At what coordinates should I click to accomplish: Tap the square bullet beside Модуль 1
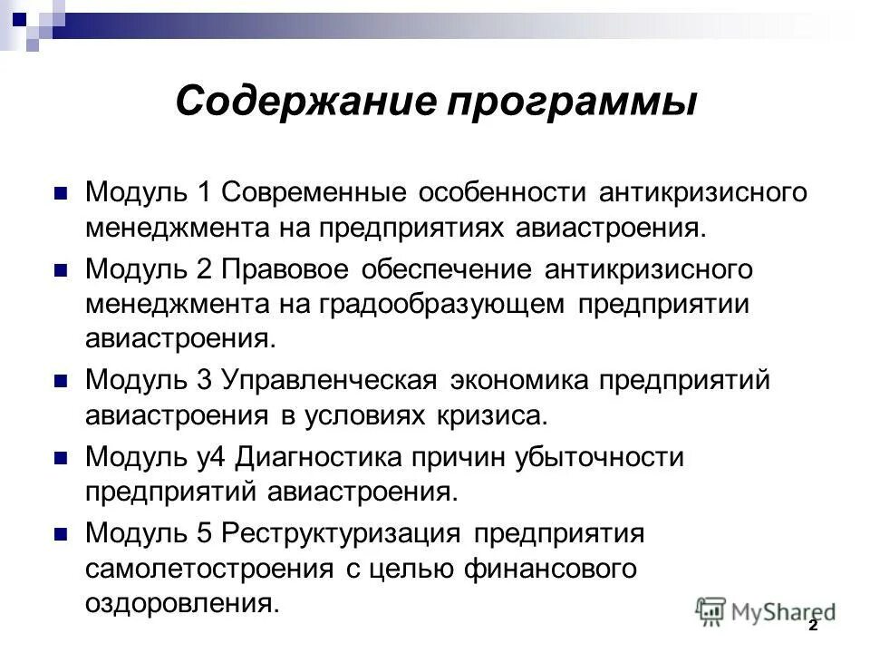click(62, 194)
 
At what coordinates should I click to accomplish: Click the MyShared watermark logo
click(764, 610)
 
